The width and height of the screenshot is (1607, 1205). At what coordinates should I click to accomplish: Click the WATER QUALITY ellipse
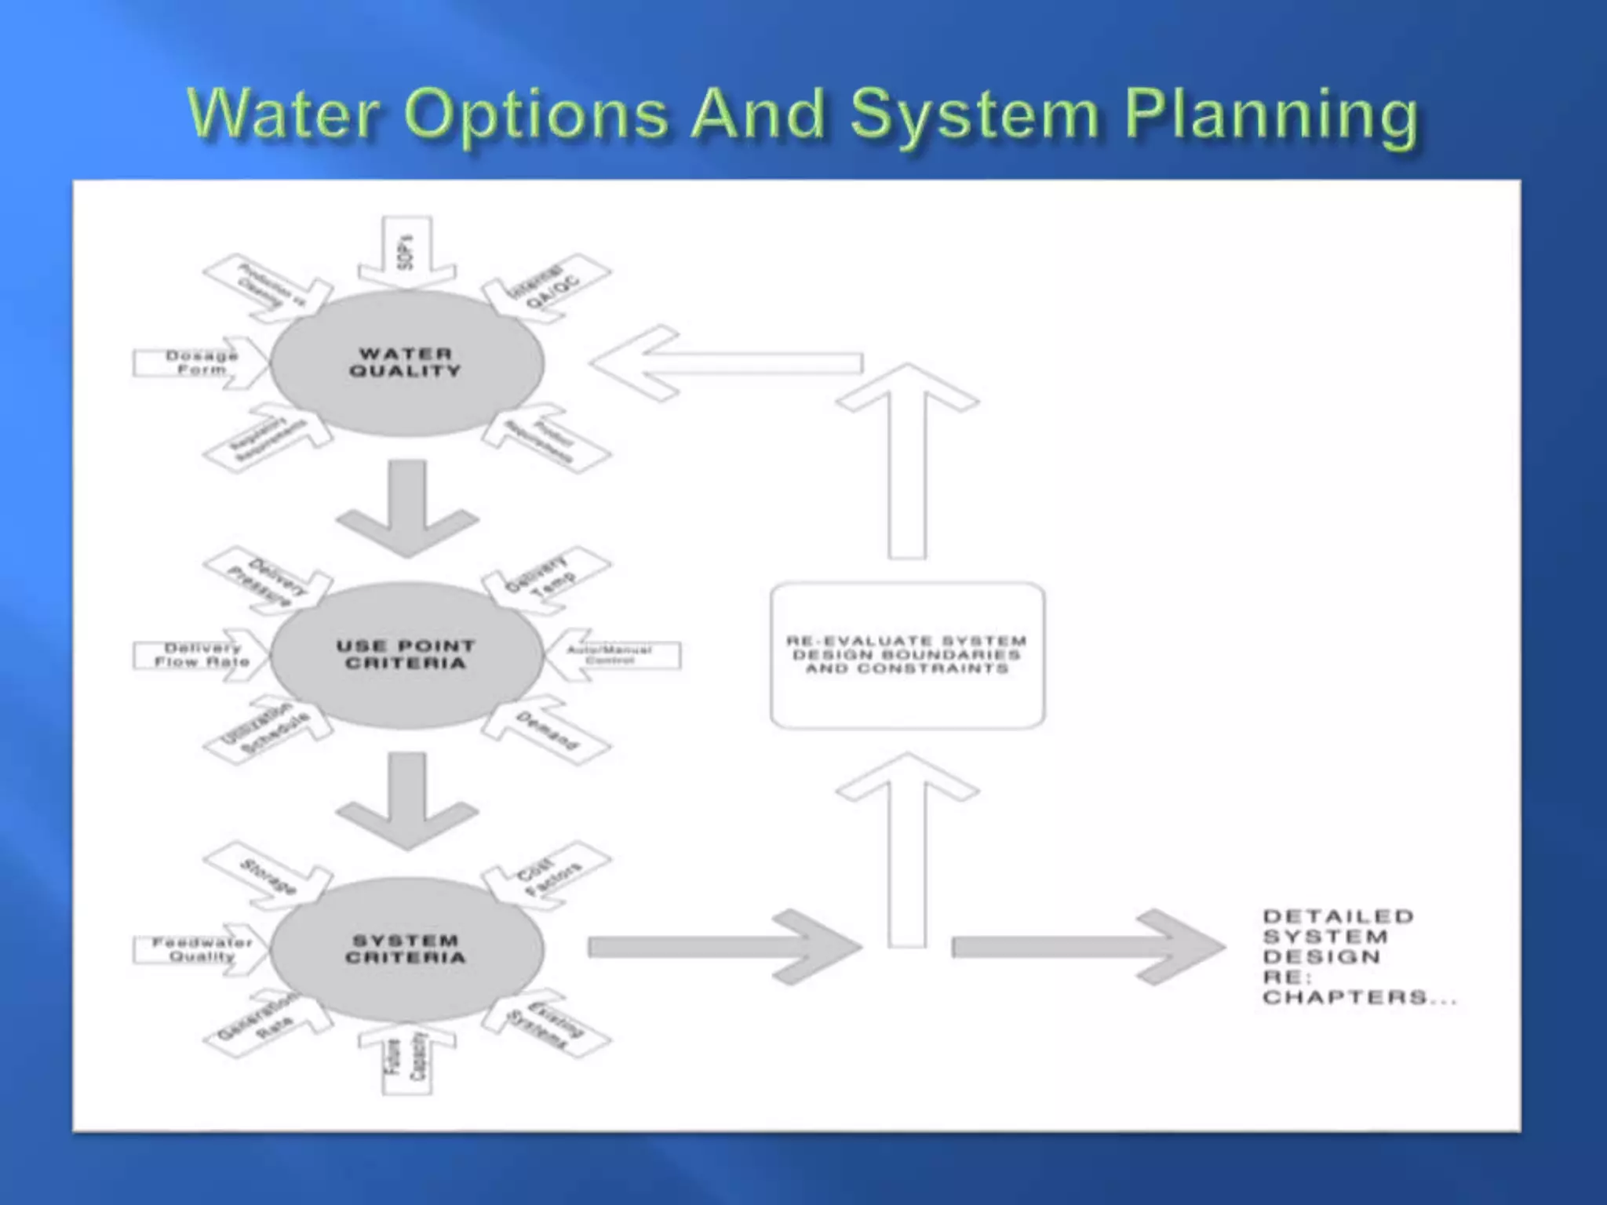pos(406,362)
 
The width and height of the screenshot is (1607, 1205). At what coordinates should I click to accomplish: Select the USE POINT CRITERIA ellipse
pos(406,655)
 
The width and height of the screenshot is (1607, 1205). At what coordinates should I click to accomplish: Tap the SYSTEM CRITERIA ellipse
pos(406,949)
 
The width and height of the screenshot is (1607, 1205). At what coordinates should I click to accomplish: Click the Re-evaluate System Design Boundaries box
pos(907,655)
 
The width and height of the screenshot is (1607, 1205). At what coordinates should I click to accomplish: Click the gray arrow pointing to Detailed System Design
pos(1091,948)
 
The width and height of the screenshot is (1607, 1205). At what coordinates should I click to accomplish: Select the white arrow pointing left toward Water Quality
pos(730,363)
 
